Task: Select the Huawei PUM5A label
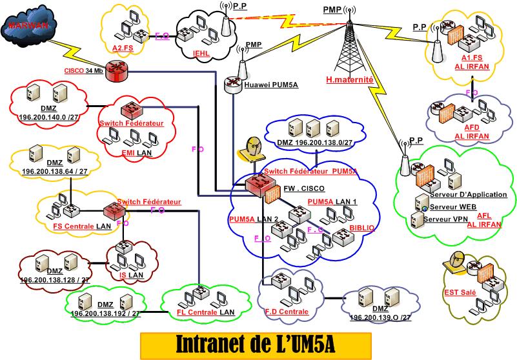click(x=267, y=84)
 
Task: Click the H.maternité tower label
click(x=349, y=80)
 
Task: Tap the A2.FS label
click(x=122, y=47)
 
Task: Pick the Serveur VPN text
click(x=449, y=219)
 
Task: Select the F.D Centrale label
click(x=287, y=312)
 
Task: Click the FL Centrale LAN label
click(x=205, y=313)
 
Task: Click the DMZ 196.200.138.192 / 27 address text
click(x=105, y=314)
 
